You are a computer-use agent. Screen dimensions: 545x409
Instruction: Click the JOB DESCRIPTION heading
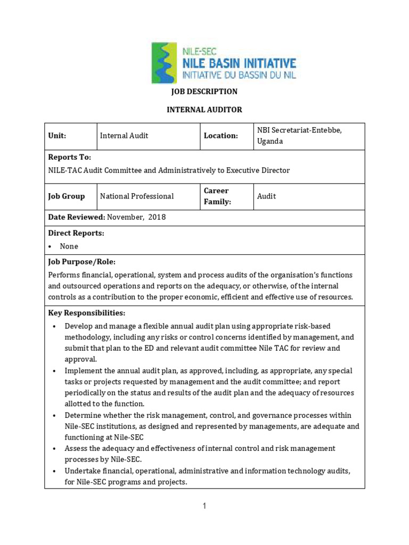coord(204,92)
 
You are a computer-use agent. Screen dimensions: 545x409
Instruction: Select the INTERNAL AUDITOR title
coord(204,110)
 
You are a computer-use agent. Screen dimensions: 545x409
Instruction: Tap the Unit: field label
coord(57,136)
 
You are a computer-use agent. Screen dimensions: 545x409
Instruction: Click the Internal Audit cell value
coord(124,136)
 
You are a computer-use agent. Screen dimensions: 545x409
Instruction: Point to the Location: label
coord(220,136)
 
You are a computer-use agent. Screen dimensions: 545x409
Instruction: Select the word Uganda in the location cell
coord(271,142)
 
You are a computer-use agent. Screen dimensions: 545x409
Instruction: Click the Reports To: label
coord(70,158)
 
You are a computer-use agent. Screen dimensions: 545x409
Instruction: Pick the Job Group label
coord(67,196)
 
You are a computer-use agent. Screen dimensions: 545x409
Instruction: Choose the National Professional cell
coord(137,196)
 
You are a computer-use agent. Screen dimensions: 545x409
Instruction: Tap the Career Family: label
coord(217,196)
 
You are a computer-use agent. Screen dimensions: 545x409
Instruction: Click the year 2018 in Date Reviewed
coord(157,217)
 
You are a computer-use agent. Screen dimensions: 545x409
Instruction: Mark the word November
coord(126,217)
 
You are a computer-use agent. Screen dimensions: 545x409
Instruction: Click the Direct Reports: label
coord(76,233)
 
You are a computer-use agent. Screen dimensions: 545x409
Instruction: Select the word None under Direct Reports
coord(69,246)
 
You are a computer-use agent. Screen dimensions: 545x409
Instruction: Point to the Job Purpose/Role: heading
coord(81,262)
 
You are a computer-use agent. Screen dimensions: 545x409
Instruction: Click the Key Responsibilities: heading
coord(87,313)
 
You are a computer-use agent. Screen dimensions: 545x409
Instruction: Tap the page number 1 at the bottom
coord(204,506)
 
